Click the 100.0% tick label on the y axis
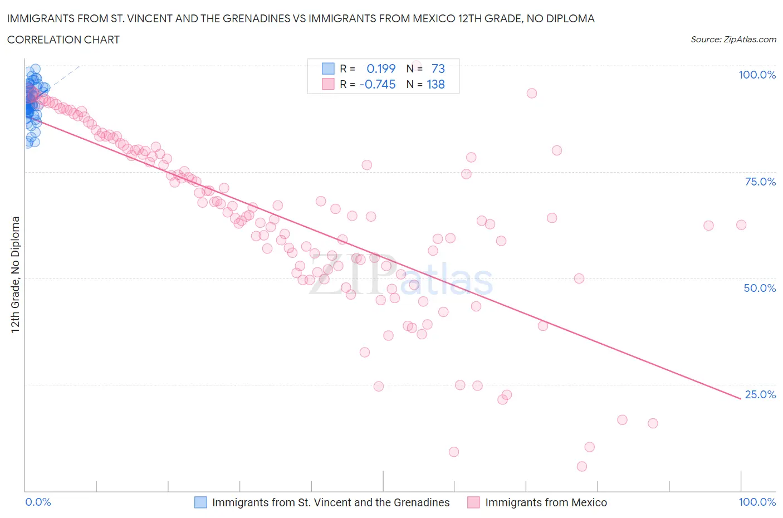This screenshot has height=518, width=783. pos(757,75)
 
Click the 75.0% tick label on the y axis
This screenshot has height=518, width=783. pos(760,182)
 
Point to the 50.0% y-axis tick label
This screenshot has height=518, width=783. pos(760,288)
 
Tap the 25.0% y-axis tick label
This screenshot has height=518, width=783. pos(760,394)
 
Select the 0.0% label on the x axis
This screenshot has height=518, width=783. pos(38,502)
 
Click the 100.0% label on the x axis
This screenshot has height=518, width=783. pos(757,502)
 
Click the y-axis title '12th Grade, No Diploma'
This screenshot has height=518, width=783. pos(16,275)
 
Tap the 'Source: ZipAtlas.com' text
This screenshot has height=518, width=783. pos(733,40)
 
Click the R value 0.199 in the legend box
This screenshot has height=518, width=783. pos(381,69)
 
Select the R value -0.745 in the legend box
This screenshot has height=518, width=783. pos(378,84)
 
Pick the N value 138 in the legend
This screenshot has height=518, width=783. pos(435,84)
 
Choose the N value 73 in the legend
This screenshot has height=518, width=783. pos(438,69)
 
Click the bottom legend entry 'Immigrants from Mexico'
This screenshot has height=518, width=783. pos(546,502)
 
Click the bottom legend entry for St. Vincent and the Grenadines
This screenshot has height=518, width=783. pos(331,502)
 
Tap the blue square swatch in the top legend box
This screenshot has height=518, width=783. pos(328,69)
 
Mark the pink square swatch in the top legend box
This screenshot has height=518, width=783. pos(328,84)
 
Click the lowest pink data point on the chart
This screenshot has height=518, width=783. pos(582,466)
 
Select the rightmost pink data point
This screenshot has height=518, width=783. pos(741,225)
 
